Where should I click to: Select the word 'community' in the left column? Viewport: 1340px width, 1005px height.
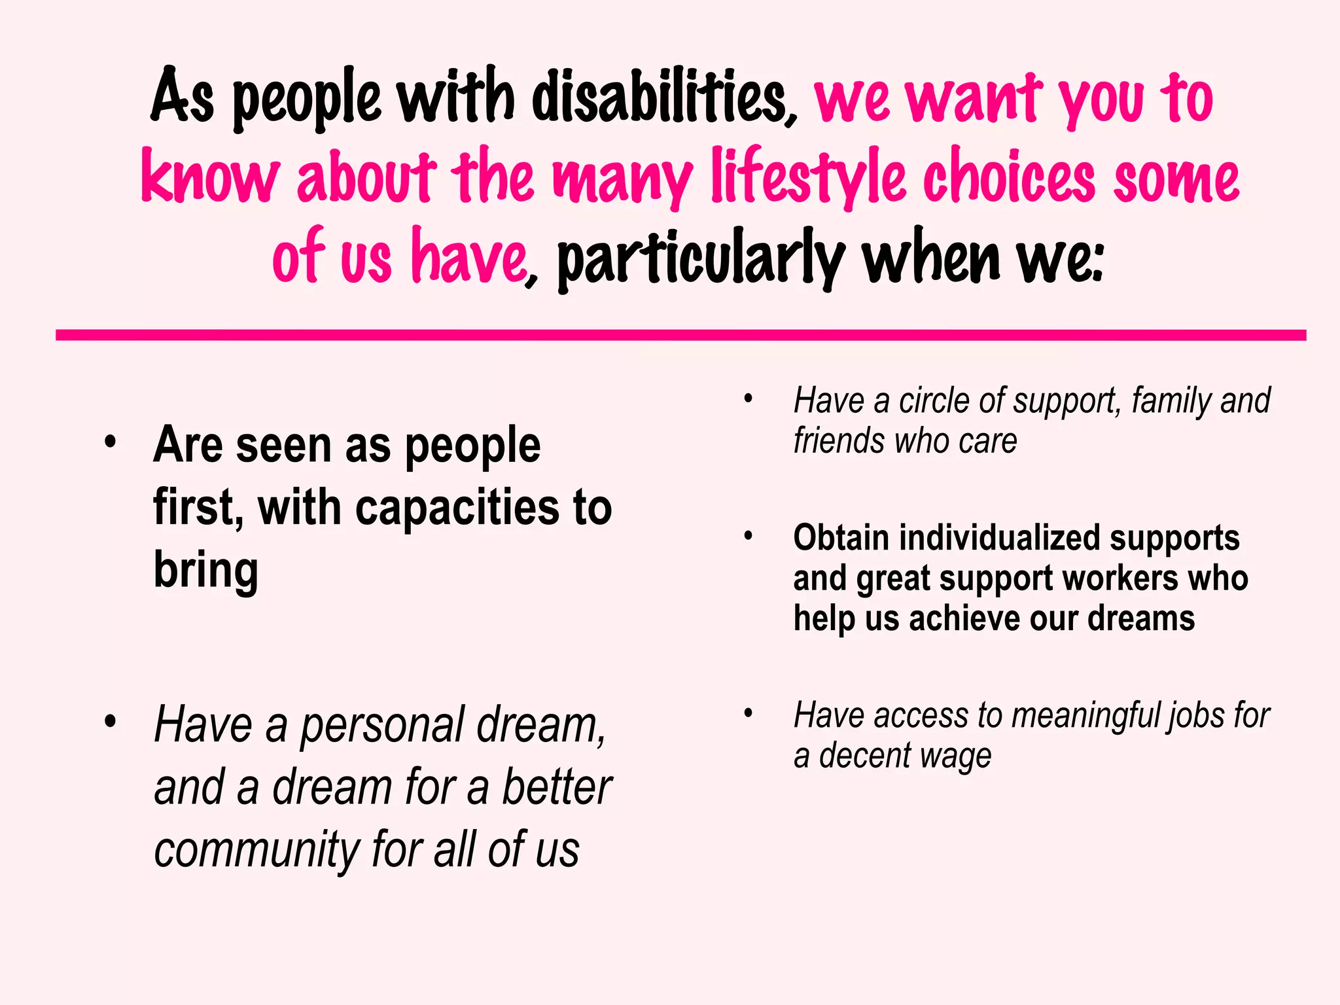tap(256, 849)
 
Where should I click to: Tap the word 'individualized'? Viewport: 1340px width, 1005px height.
tap(999, 538)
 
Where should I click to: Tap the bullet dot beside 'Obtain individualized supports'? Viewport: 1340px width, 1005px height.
tap(749, 537)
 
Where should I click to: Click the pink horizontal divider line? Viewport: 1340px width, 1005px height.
tap(680, 335)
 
